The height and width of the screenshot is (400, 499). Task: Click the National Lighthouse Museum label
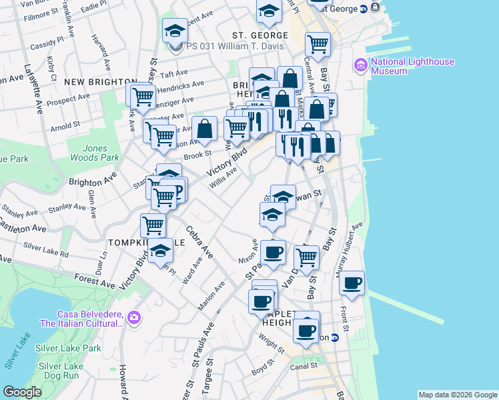412,66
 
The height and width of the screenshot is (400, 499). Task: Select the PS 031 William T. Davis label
235,47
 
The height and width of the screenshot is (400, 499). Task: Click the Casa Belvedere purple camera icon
135,317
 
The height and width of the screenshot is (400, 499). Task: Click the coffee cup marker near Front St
352,283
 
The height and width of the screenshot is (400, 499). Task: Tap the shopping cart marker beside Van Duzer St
306,256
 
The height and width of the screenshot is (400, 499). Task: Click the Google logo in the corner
23,392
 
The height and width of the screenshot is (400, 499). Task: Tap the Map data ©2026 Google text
458,395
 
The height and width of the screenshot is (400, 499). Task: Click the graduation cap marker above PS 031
175,30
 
